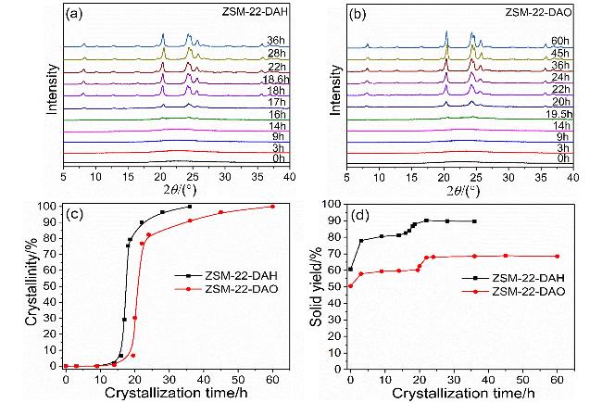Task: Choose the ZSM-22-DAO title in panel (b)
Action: point(536,14)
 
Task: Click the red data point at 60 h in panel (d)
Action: point(557,257)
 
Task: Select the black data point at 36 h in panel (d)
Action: point(474,221)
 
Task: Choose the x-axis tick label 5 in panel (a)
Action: point(63,174)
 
